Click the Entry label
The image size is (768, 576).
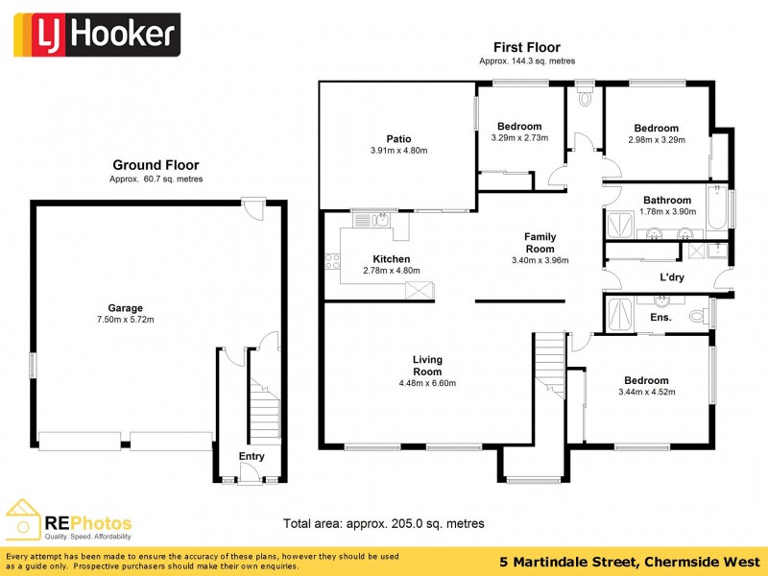click(252, 457)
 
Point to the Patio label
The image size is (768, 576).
click(398, 138)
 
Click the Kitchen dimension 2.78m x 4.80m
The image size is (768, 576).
click(391, 271)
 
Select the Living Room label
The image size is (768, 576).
click(427, 366)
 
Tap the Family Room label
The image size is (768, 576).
click(540, 242)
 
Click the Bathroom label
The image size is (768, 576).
click(667, 201)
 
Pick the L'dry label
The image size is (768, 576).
click(671, 278)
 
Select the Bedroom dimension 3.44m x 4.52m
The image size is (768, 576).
click(647, 392)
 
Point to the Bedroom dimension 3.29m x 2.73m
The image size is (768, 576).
click(519, 138)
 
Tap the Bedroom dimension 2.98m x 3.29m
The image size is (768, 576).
click(656, 140)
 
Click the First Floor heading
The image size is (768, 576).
click(526, 47)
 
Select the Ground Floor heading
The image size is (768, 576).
click(156, 165)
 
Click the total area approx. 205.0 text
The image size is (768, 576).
click(383, 523)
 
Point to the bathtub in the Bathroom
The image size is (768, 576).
click(716, 210)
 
